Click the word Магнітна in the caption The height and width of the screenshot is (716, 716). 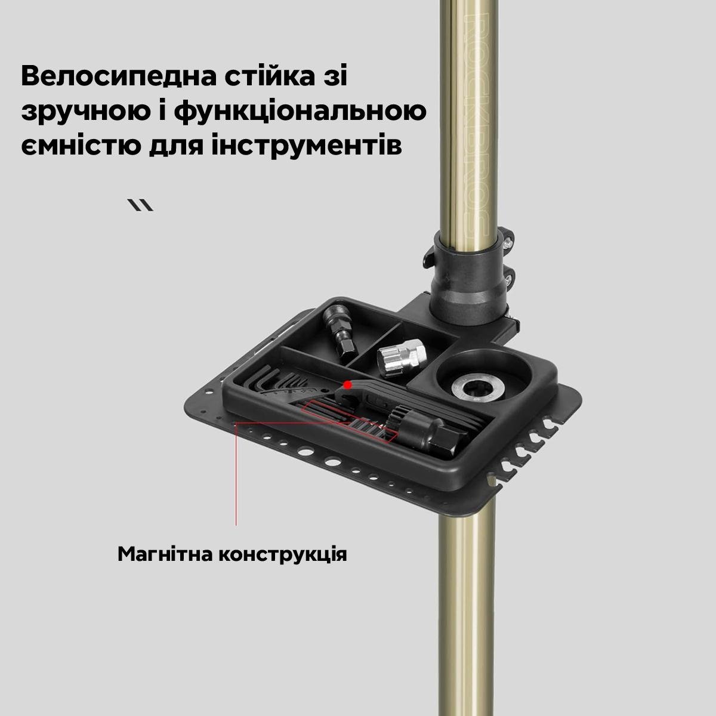pos(163,554)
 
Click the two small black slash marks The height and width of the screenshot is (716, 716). pos(141,205)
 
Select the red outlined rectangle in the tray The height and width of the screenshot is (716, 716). pos(346,421)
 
